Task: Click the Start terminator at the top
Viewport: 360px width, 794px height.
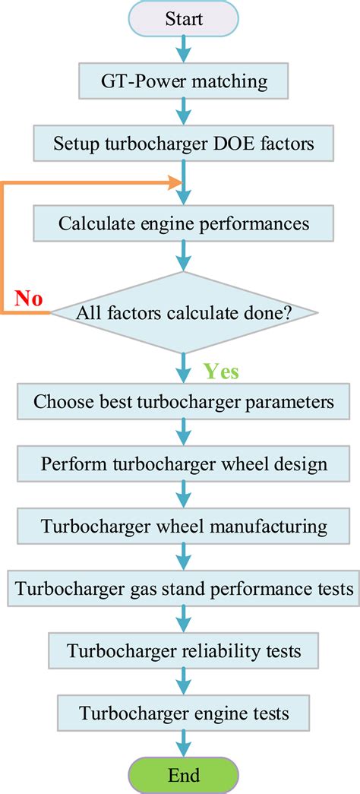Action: (184, 18)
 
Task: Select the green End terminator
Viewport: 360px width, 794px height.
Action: (184, 774)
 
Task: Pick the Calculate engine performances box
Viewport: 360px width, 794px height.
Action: (184, 224)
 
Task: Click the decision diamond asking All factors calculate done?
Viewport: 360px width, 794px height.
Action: (184, 312)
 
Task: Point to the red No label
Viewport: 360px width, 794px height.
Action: (27, 299)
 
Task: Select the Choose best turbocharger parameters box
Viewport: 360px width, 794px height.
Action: (184, 401)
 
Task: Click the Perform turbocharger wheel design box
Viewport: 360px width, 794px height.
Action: (184, 463)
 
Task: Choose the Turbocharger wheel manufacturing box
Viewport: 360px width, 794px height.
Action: (184, 526)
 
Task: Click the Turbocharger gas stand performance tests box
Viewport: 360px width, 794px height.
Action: (184, 588)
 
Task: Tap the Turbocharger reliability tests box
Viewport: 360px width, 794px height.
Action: (184, 650)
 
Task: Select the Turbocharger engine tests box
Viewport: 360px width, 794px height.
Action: (184, 713)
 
